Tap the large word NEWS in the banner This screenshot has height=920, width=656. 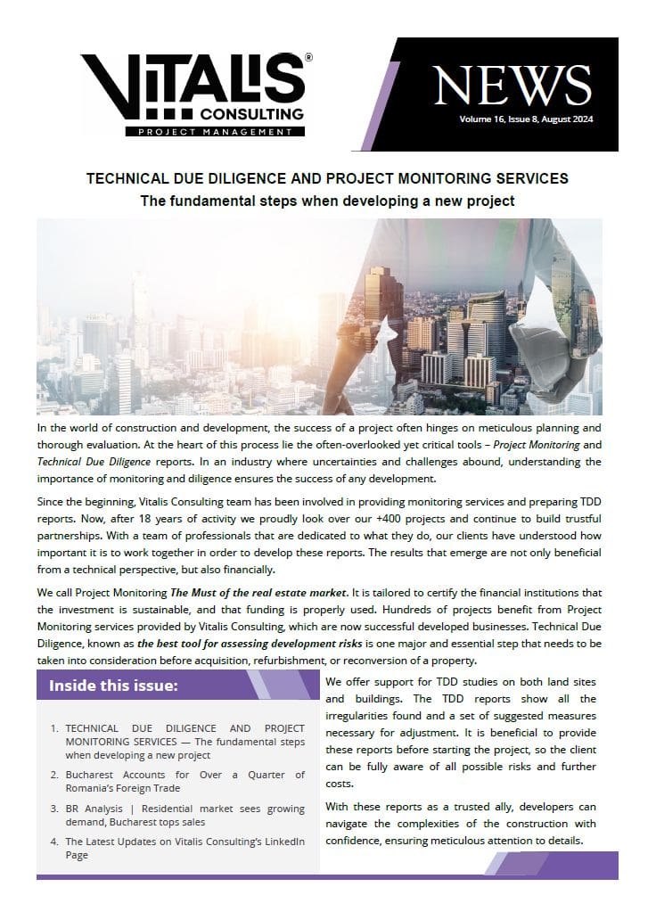[512, 86]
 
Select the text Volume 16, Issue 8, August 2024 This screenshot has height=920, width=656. [525, 119]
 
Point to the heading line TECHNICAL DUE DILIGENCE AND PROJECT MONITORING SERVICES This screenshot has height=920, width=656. [327, 179]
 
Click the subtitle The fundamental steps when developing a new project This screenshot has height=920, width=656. [327, 201]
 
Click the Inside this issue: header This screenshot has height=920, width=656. [113, 686]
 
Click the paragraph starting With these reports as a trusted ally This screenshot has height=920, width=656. [461, 824]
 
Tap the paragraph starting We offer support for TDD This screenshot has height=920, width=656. [461, 732]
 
